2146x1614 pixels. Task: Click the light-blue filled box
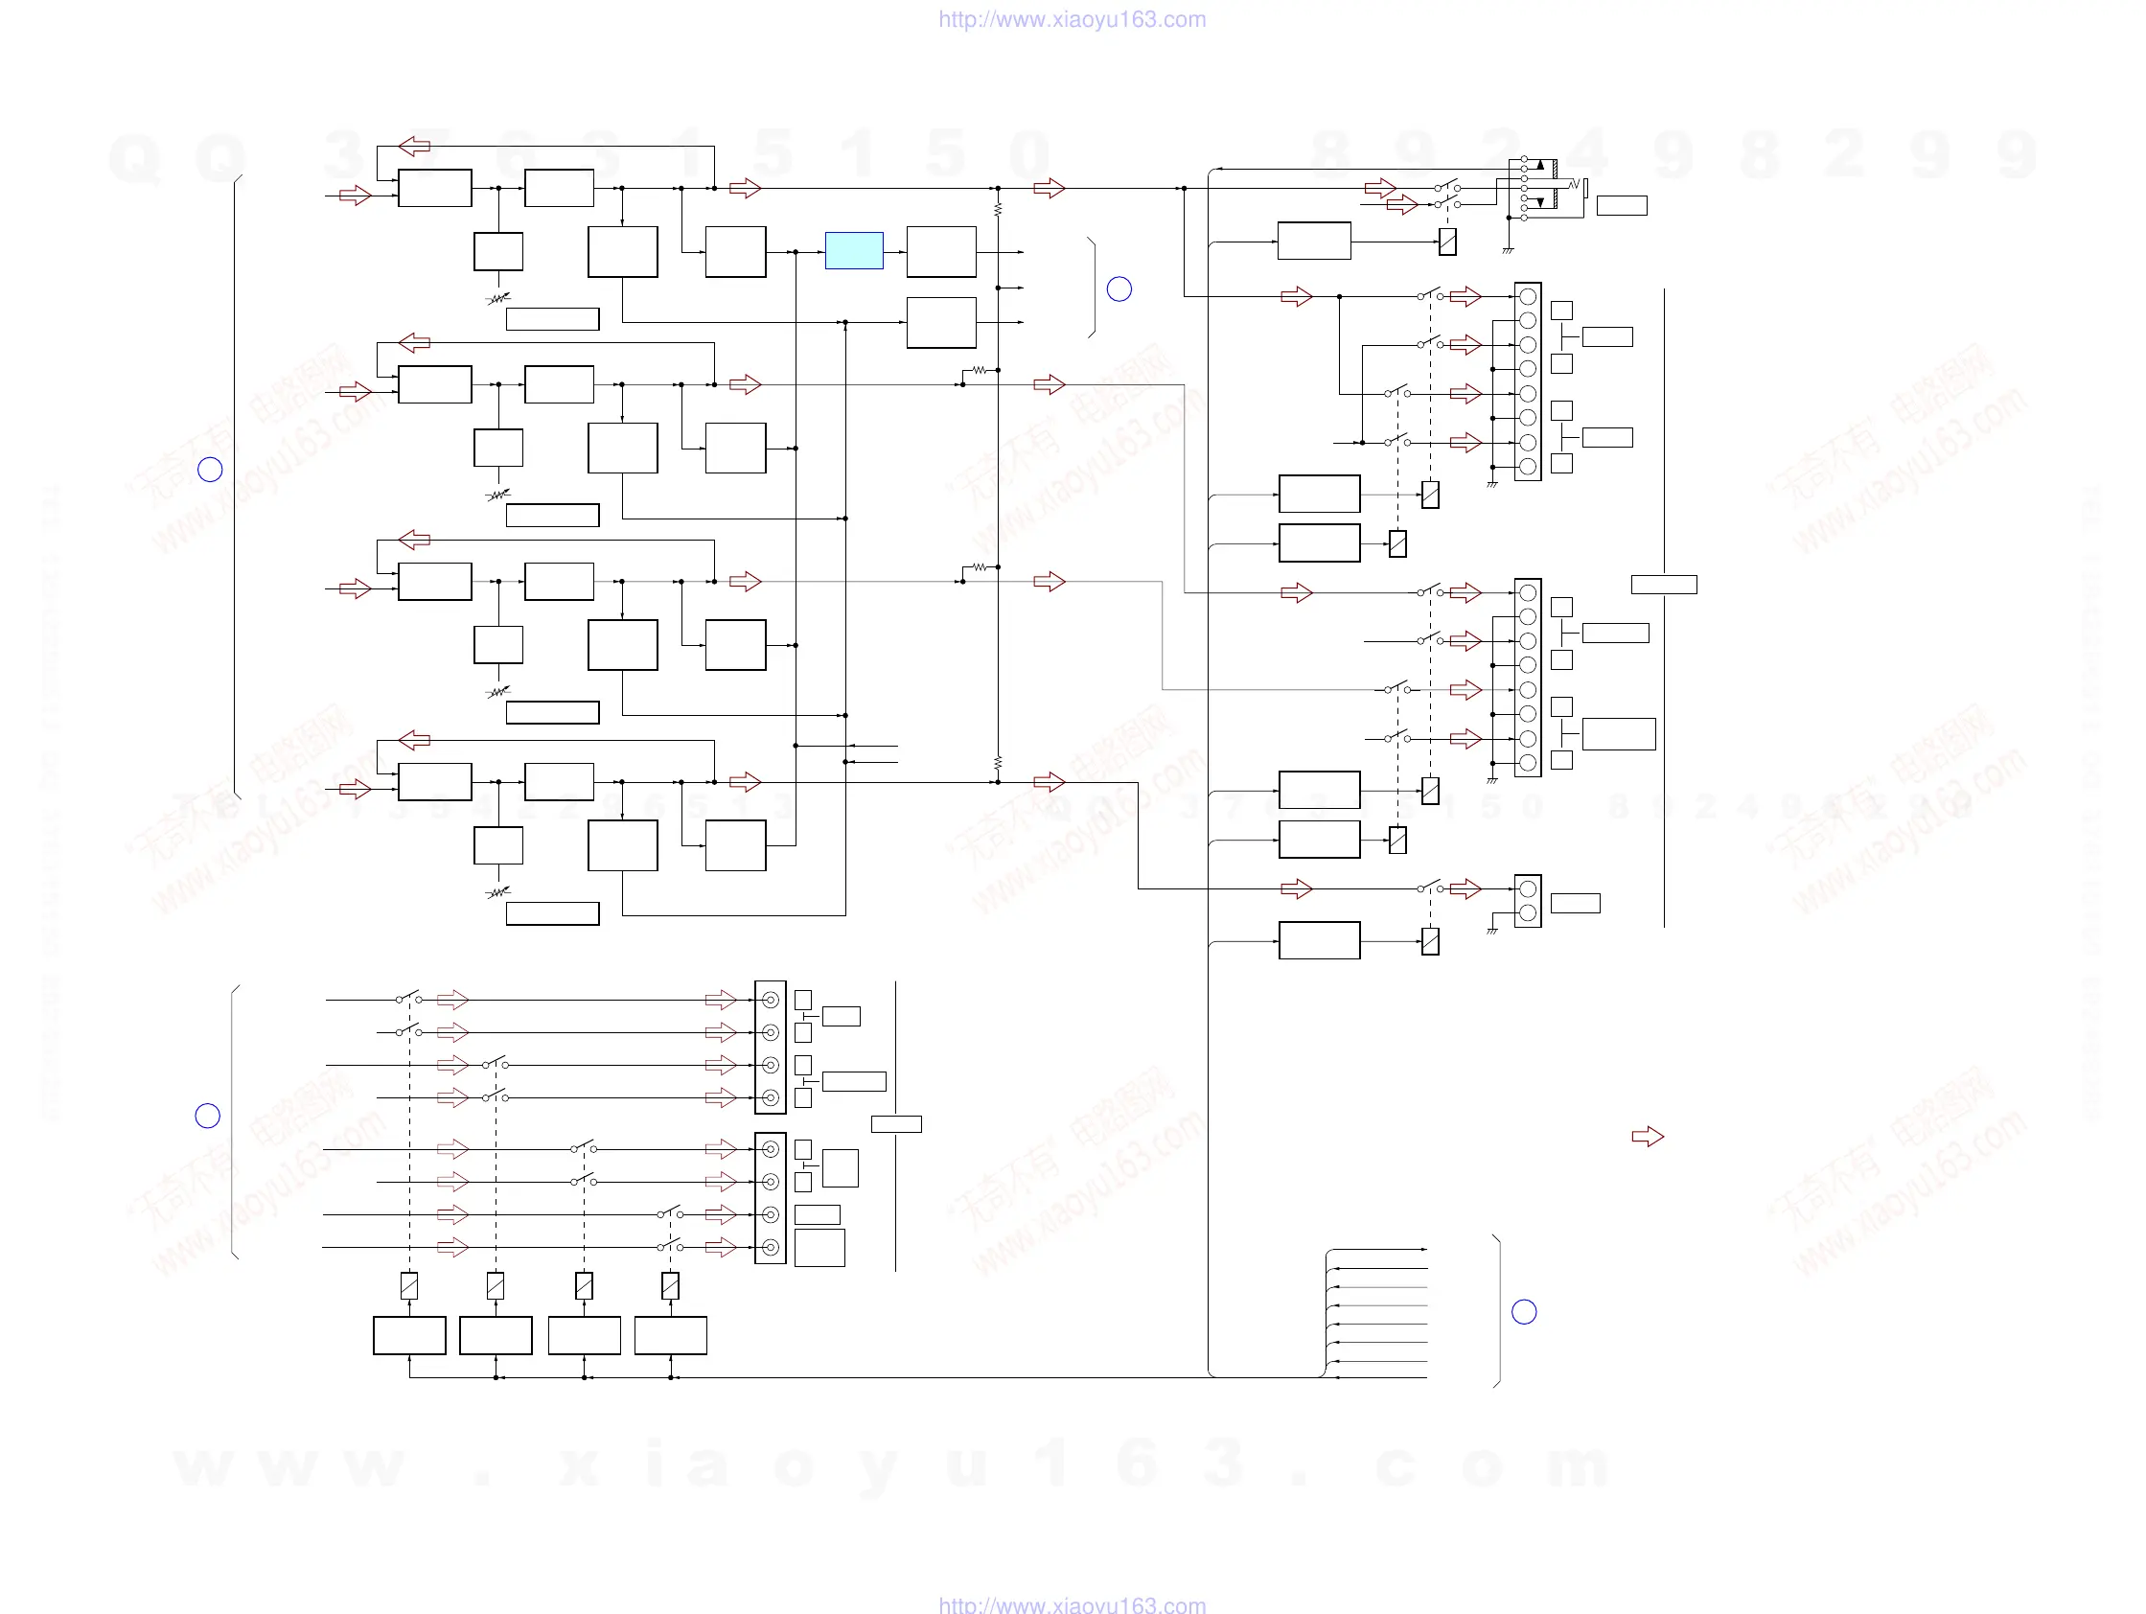(x=854, y=250)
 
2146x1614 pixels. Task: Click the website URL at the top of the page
(x=1072, y=19)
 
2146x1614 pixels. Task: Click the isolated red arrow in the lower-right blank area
(x=1648, y=1136)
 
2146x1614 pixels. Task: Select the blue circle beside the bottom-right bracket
(x=1524, y=1311)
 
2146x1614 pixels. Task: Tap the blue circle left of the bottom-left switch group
(x=208, y=1116)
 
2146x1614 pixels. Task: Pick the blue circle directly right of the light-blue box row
(x=1119, y=289)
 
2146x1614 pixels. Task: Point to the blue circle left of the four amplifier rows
(x=210, y=470)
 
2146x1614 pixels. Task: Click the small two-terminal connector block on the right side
(x=1528, y=901)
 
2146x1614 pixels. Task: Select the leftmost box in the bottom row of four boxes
(x=409, y=1336)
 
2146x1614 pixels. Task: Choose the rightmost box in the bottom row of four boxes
(x=670, y=1336)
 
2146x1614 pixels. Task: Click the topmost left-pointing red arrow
(x=414, y=146)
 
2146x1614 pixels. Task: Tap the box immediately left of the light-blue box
(x=735, y=252)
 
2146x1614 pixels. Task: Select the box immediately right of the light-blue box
(x=941, y=252)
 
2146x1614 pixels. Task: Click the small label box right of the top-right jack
(x=1622, y=206)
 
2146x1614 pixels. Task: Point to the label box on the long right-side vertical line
(x=1664, y=584)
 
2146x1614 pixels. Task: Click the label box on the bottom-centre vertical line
(x=896, y=1124)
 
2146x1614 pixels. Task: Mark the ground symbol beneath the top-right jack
(x=1508, y=251)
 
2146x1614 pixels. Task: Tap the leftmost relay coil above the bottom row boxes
(x=409, y=1285)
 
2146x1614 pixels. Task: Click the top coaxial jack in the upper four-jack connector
(x=771, y=1000)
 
